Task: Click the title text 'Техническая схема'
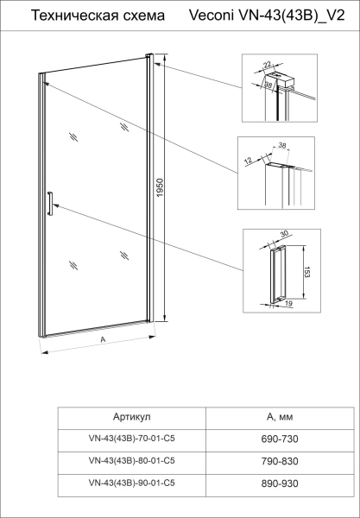click(x=98, y=16)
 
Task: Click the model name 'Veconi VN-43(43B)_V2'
click(x=267, y=16)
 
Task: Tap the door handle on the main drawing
click(x=50, y=204)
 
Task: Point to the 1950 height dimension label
click(x=161, y=188)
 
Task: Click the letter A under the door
click(x=103, y=339)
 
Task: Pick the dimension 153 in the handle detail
click(x=306, y=272)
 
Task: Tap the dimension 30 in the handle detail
click(x=284, y=234)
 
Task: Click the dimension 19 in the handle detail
click(x=288, y=304)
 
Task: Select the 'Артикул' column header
click(x=131, y=417)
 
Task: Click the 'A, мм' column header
click(x=280, y=417)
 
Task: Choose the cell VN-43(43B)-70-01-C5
click(x=131, y=439)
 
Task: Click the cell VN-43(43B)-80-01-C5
click(x=131, y=461)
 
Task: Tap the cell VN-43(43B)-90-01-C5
click(x=131, y=483)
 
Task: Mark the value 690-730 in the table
click(x=280, y=439)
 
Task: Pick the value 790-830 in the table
click(x=280, y=461)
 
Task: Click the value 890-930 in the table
click(x=280, y=483)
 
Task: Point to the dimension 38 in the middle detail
click(x=281, y=146)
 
